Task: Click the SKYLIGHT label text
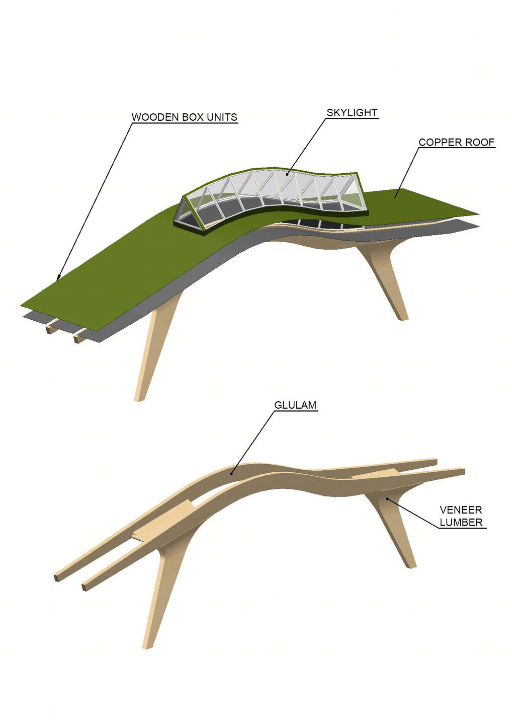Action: click(352, 113)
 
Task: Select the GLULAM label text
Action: click(295, 405)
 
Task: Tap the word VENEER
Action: click(461, 510)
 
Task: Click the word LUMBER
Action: click(461, 522)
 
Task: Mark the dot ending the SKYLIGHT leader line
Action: click(286, 174)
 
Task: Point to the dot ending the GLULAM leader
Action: click(231, 474)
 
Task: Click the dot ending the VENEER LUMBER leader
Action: click(387, 498)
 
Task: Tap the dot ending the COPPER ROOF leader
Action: click(394, 197)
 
